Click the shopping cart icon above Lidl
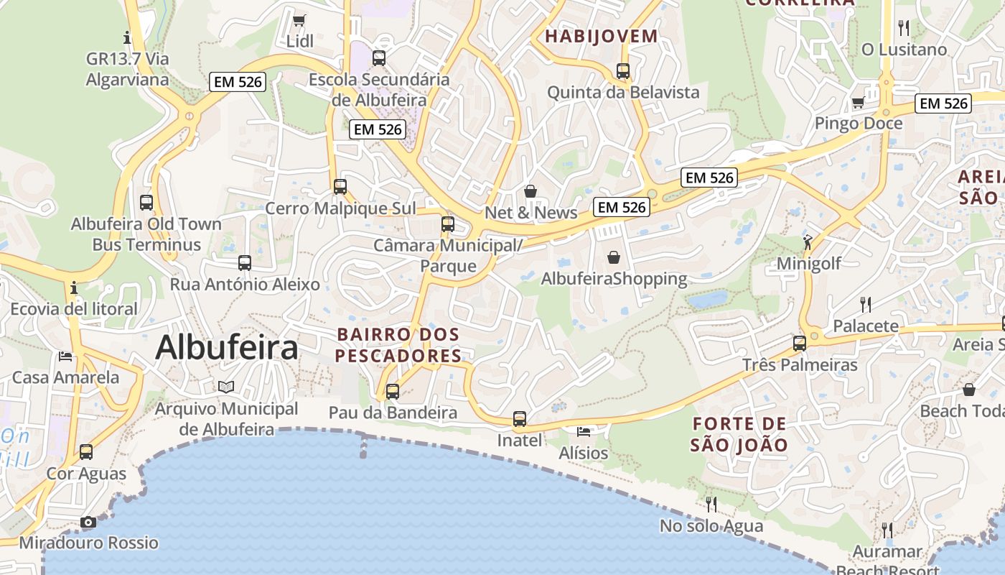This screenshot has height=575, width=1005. (299, 20)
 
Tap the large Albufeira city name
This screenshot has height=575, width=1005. (226, 348)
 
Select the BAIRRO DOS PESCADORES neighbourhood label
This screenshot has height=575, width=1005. (398, 345)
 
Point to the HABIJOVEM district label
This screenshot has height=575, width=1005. (601, 36)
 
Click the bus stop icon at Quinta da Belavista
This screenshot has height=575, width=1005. (623, 71)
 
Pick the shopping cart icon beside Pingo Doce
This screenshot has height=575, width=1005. (858, 103)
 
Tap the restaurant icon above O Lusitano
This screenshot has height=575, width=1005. (904, 28)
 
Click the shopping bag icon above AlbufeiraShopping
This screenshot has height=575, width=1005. (614, 257)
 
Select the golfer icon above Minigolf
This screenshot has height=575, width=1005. (808, 241)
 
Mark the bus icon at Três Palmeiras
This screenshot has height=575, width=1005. (800, 344)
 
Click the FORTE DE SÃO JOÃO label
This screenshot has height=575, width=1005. (739, 434)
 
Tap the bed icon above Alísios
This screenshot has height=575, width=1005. (584, 431)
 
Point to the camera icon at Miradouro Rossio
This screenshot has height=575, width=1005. (88, 522)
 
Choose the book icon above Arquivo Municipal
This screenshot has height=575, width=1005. (226, 387)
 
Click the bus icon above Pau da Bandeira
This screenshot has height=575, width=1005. (393, 392)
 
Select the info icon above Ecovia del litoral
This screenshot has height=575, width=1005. (73, 288)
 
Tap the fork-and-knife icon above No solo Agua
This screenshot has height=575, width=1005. (711, 504)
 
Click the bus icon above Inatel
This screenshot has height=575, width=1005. (520, 419)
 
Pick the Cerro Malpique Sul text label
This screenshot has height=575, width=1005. (340, 208)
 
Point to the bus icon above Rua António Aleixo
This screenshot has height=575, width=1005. (245, 263)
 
